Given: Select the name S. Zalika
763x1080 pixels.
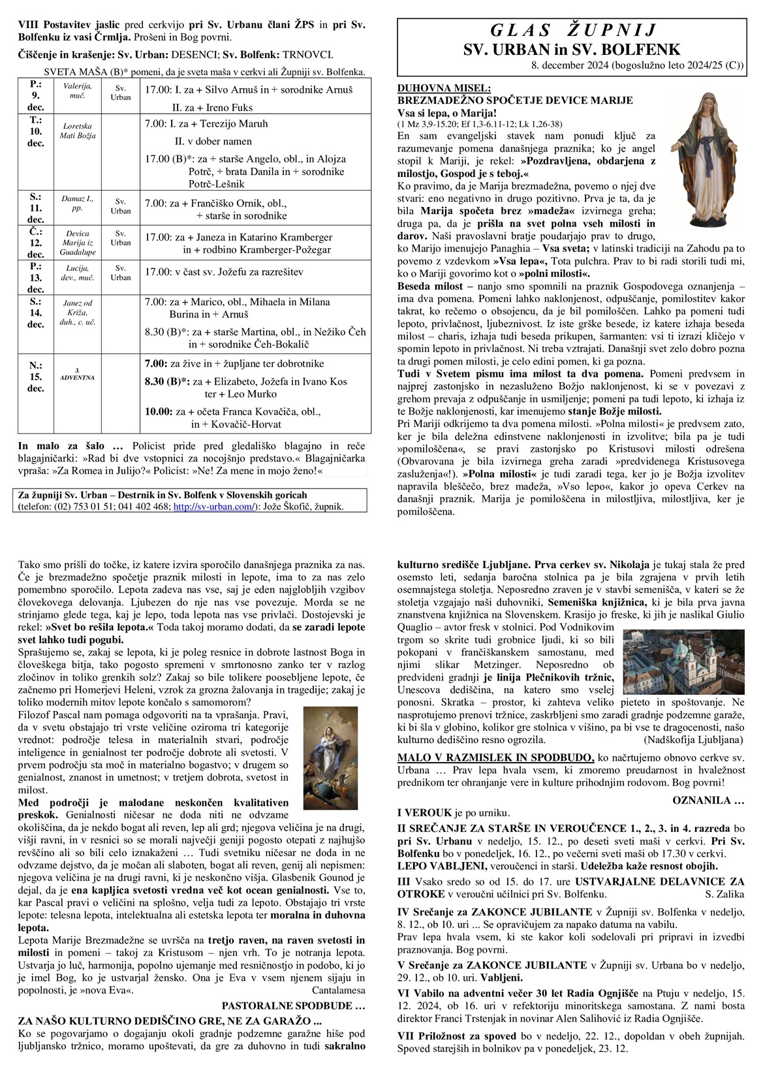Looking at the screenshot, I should pos(724,894).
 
